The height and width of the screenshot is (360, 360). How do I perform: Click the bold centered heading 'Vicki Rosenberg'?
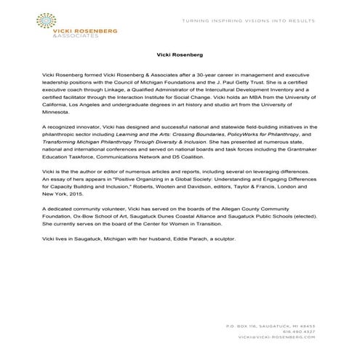(180, 54)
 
